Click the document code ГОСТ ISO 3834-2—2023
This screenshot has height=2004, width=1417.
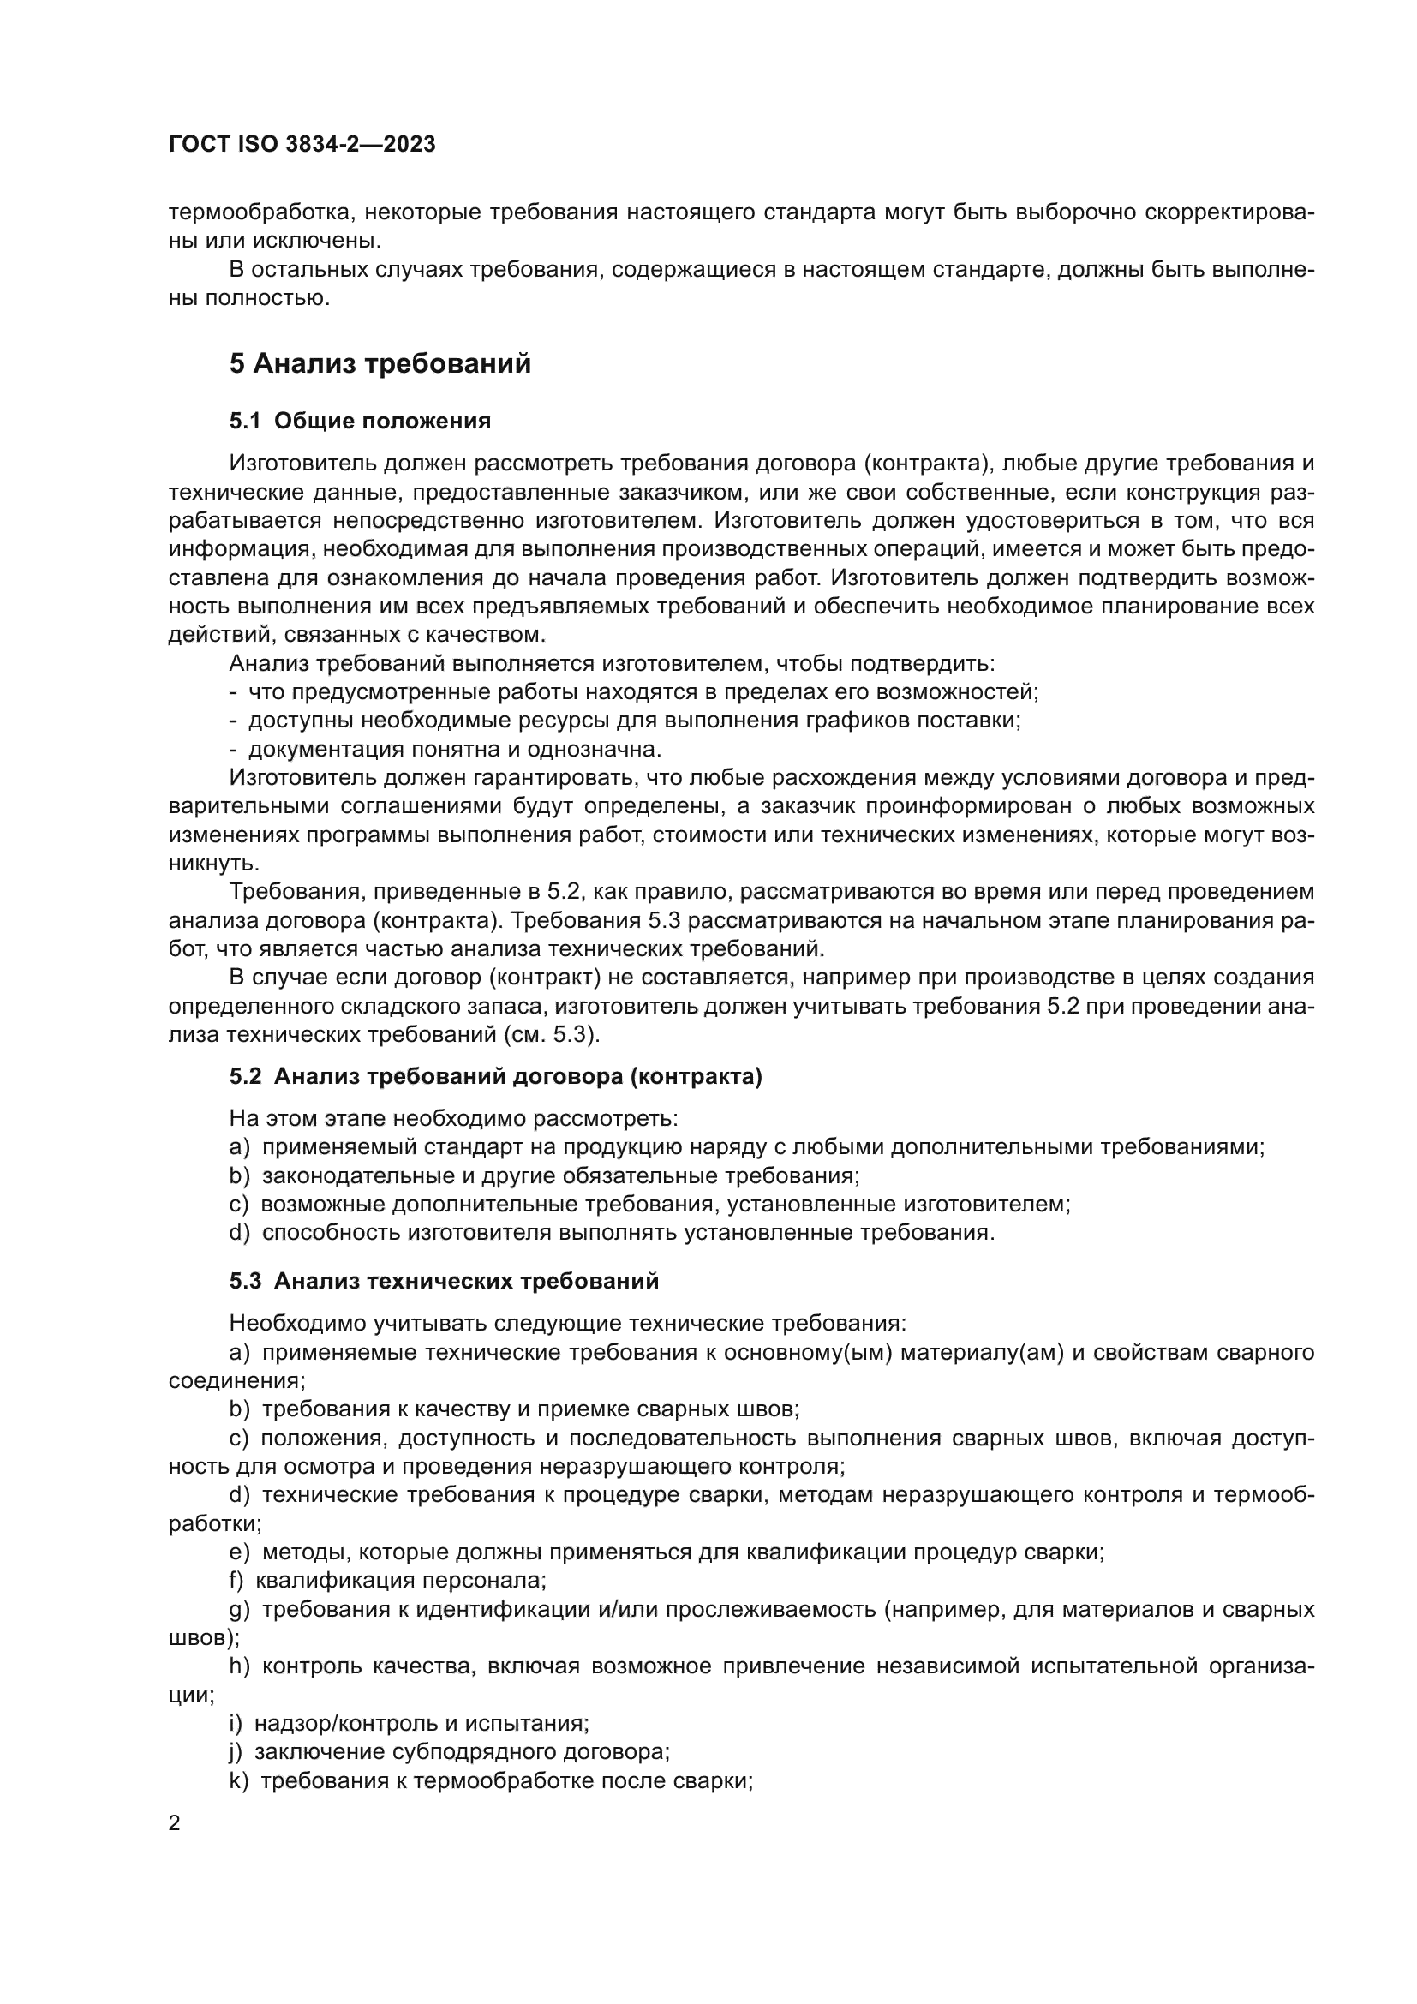pos(302,145)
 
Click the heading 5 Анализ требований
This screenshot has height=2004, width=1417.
pos(380,363)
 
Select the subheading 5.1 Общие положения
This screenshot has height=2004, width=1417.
pos(360,421)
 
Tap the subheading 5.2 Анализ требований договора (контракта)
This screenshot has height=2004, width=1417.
pos(495,1076)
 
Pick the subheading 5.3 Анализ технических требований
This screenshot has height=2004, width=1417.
pos(444,1280)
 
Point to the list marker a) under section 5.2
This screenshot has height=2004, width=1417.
pos(239,1147)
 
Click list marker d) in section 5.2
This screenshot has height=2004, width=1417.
pos(239,1232)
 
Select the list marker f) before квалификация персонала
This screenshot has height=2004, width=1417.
pos(236,1580)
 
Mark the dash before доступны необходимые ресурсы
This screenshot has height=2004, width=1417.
pos(234,721)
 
